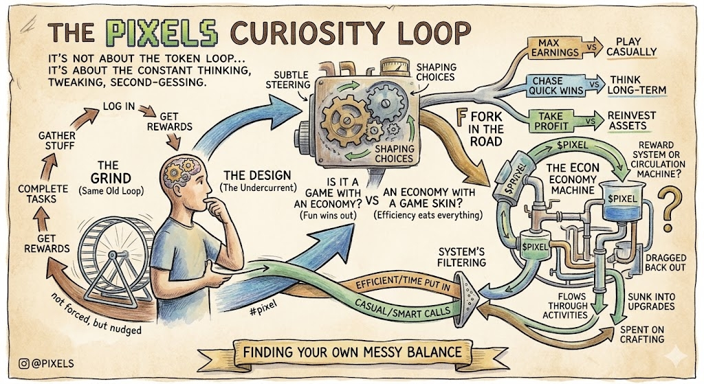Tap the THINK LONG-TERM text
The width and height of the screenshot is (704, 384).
point(637,84)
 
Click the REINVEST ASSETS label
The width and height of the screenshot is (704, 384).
point(632,121)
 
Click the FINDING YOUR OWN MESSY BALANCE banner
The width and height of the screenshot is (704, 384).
point(351,352)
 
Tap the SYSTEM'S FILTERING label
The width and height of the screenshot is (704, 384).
point(461,257)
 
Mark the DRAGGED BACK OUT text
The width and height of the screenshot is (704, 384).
point(665,262)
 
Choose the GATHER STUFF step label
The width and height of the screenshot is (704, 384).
point(57,141)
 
